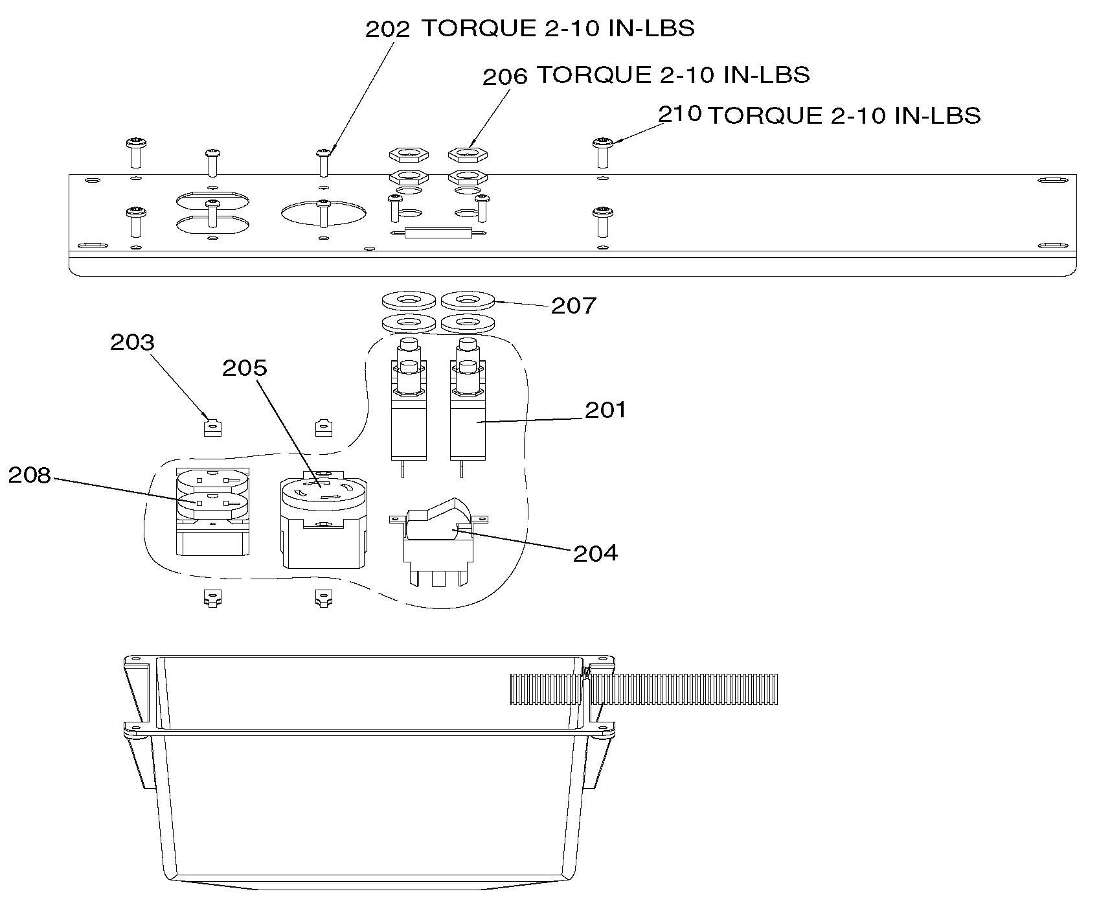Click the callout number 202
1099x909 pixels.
click(388, 30)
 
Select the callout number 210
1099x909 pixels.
click(680, 114)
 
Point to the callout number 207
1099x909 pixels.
click(574, 305)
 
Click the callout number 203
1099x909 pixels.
click(133, 342)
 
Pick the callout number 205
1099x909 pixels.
click(245, 368)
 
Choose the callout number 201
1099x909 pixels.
click(606, 409)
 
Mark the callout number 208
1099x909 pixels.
click(29, 476)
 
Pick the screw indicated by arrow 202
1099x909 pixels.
click(324, 163)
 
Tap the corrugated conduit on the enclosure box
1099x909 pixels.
click(644, 689)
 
